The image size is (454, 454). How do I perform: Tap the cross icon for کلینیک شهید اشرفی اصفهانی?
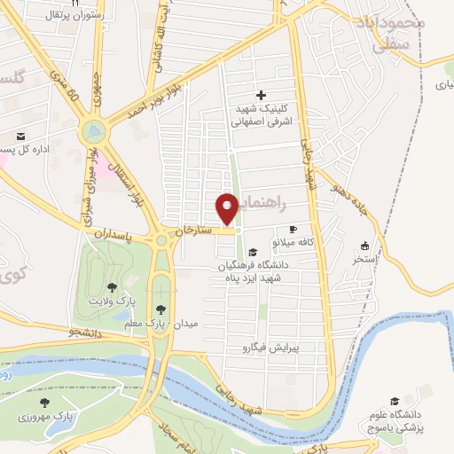pos(260,95)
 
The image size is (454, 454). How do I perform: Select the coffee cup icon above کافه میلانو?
pos(293,229)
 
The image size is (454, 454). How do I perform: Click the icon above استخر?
pos(364,246)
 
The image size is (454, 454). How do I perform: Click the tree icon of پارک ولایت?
pos(112,287)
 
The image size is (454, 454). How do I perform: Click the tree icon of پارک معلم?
pos(160,309)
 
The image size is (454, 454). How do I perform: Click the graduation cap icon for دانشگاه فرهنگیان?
pos(254,252)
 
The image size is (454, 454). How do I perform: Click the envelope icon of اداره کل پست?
pos(20,137)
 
